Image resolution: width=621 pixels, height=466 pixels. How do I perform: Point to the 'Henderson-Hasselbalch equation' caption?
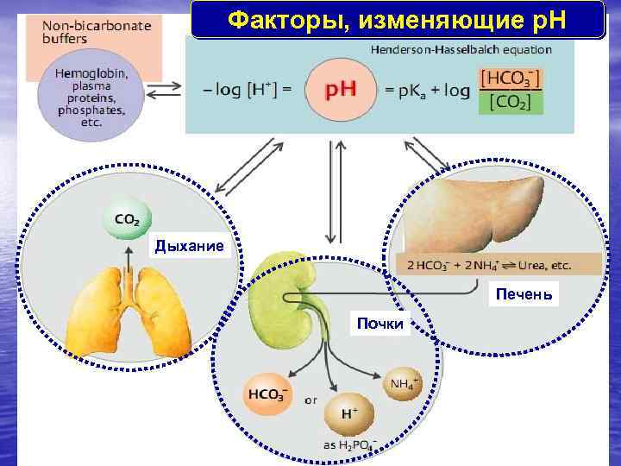[461, 50]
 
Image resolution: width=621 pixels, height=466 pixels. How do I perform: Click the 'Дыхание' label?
[190, 247]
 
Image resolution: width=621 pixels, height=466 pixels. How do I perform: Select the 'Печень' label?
[524, 296]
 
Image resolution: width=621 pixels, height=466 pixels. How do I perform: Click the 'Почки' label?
[379, 324]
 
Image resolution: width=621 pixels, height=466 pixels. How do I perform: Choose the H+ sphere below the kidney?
[348, 415]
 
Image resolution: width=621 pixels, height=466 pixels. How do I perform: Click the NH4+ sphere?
[403, 385]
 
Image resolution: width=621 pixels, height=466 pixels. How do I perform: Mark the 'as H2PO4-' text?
[349, 445]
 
